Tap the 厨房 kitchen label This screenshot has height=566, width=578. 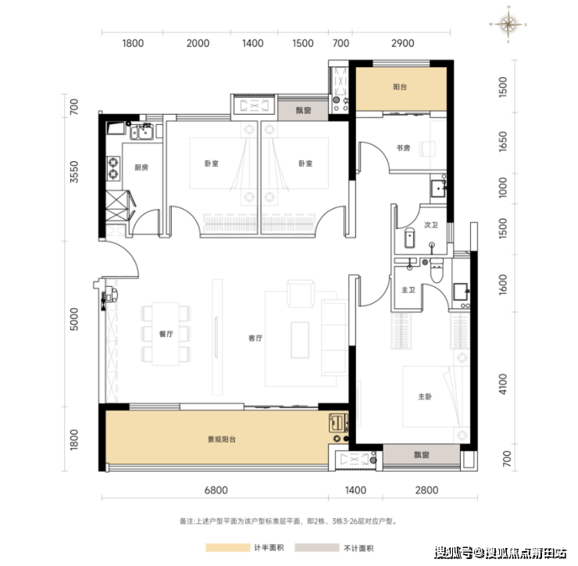point(141,167)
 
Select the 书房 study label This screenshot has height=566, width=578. point(403,148)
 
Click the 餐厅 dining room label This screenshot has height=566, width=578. point(166,334)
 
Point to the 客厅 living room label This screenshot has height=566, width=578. point(255,338)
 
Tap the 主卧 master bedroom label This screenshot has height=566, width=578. point(425,396)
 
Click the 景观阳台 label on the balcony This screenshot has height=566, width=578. point(222,439)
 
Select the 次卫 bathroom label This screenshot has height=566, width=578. point(431,224)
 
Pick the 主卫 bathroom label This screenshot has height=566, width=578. point(409,290)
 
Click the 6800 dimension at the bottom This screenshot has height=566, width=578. point(216,490)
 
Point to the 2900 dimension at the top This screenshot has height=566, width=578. point(402,43)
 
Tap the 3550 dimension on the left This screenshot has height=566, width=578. point(74,171)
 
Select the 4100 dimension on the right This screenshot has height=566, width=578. point(503,384)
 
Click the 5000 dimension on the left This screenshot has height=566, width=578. point(74,319)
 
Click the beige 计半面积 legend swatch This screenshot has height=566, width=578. point(228,547)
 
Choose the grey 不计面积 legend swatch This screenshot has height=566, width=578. point(316,547)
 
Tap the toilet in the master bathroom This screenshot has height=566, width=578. point(437,270)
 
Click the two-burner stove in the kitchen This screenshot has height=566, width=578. point(113,168)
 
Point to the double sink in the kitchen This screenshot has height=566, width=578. point(142,131)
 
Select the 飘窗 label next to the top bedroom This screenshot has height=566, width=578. point(303,110)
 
